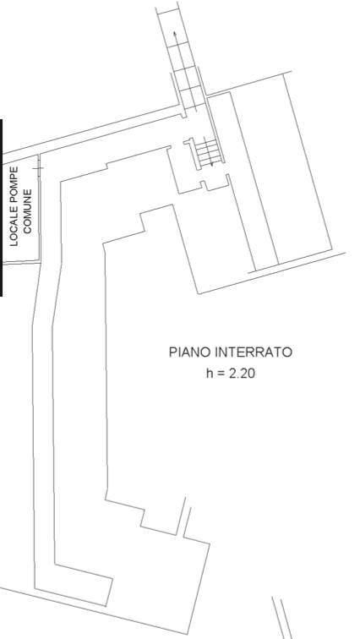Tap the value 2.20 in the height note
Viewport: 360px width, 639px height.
(242, 374)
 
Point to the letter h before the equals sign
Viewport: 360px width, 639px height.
(210, 373)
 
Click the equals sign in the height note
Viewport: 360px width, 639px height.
(221, 374)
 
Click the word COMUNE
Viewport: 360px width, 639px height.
(27, 211)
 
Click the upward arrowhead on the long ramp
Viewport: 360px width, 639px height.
(175, 35)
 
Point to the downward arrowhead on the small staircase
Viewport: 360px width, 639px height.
(212, 164)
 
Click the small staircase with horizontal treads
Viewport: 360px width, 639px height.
(208, 151)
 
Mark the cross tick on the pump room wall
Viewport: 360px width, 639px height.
(38, 168)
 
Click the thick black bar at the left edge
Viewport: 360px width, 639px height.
(1, 208)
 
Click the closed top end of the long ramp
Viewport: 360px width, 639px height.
(168, 11)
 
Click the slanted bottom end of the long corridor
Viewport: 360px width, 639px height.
(109, 592)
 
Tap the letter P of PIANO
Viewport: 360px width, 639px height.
(172, 352)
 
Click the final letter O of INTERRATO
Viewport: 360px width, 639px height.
(288, 352)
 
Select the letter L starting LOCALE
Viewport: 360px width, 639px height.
(14, 243)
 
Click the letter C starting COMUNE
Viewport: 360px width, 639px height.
(27, 230)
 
